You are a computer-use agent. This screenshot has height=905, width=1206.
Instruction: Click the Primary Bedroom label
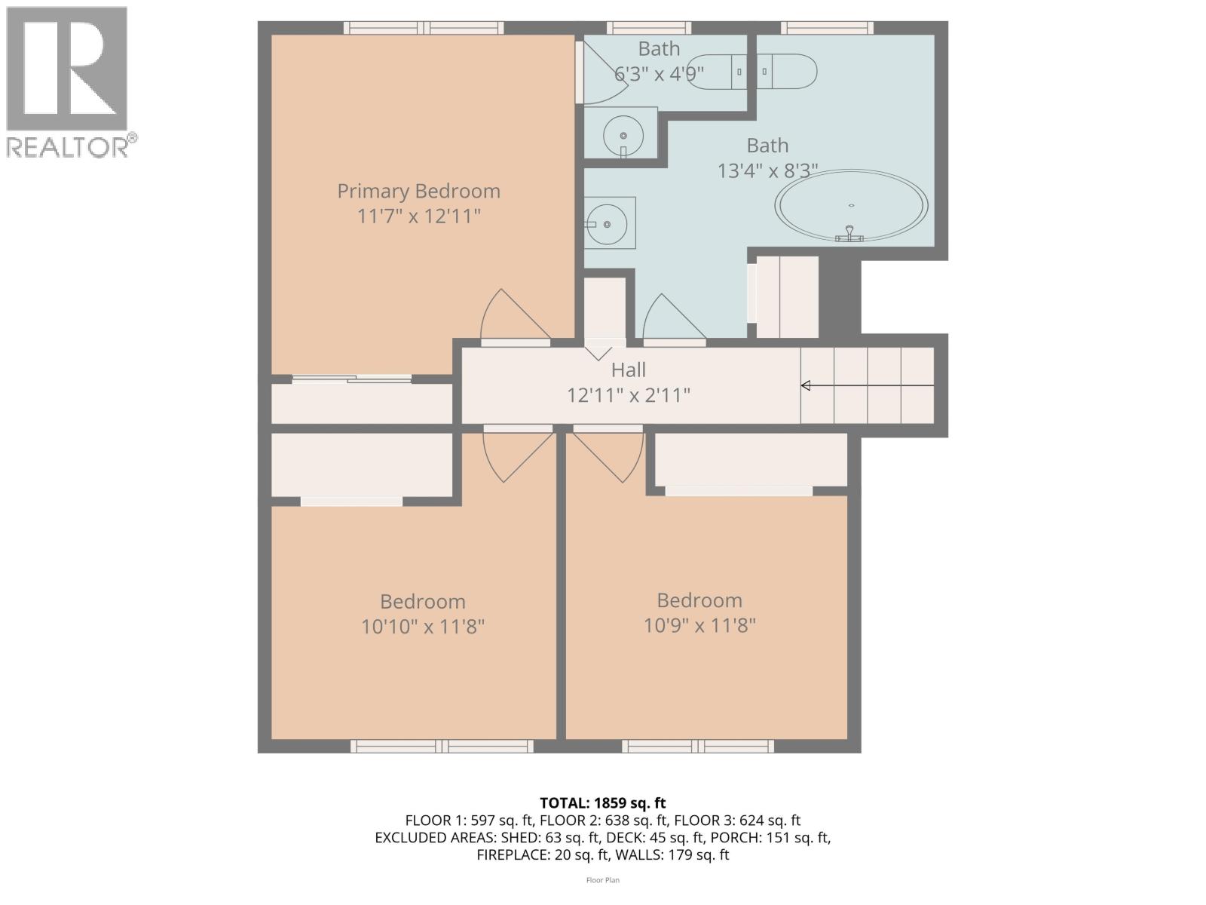point(418,191)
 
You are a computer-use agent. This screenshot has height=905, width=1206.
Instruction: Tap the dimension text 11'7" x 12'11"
point(418,216)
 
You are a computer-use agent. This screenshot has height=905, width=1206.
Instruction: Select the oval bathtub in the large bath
point(852,205)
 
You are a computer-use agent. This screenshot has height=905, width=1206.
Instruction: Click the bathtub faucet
point(849,234)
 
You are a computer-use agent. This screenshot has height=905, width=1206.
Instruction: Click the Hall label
point(628,370)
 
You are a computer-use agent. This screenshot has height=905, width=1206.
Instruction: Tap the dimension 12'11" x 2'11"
point(628,395)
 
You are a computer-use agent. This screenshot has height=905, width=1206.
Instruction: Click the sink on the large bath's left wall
point(608,224)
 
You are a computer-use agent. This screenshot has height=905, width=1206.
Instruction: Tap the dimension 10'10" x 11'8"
point(422,627)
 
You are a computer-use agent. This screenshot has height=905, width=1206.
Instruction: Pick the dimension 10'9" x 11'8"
point(699,625)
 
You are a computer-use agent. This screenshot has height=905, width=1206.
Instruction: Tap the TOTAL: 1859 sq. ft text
point(602,803)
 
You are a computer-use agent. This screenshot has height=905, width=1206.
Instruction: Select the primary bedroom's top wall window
point(424,28)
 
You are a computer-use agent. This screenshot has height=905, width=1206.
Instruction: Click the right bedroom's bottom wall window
point(698,746)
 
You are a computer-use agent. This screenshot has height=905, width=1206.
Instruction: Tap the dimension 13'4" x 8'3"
point(767,171)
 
